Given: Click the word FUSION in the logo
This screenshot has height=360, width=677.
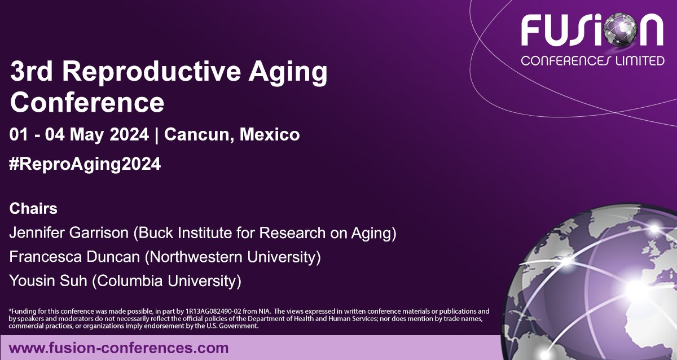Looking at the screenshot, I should (592, 31).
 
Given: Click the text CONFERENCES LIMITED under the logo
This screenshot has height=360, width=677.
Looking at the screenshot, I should (592, 60).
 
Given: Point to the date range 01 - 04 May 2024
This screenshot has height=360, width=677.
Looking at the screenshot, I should (80, 135).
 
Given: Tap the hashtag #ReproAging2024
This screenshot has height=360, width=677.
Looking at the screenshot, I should (85, 164).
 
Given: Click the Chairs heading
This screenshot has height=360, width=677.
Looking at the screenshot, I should (33, 209).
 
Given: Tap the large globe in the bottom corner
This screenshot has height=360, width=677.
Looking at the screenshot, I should (604, 288).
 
